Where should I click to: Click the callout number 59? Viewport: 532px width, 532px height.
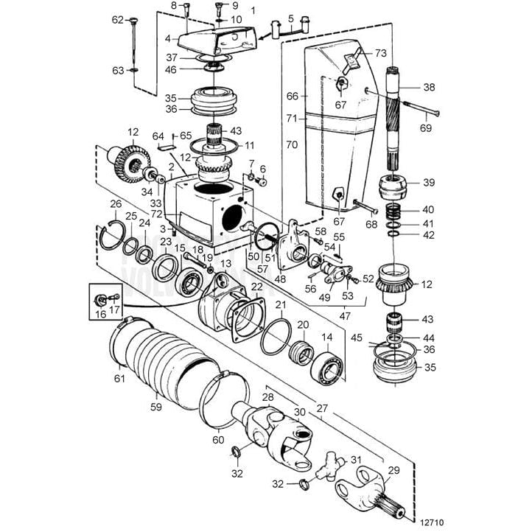[155, 405]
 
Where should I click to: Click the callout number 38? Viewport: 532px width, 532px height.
[429, 86]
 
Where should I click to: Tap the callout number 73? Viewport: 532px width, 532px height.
[380, 53]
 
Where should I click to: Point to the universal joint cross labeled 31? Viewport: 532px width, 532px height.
[326, 464]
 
